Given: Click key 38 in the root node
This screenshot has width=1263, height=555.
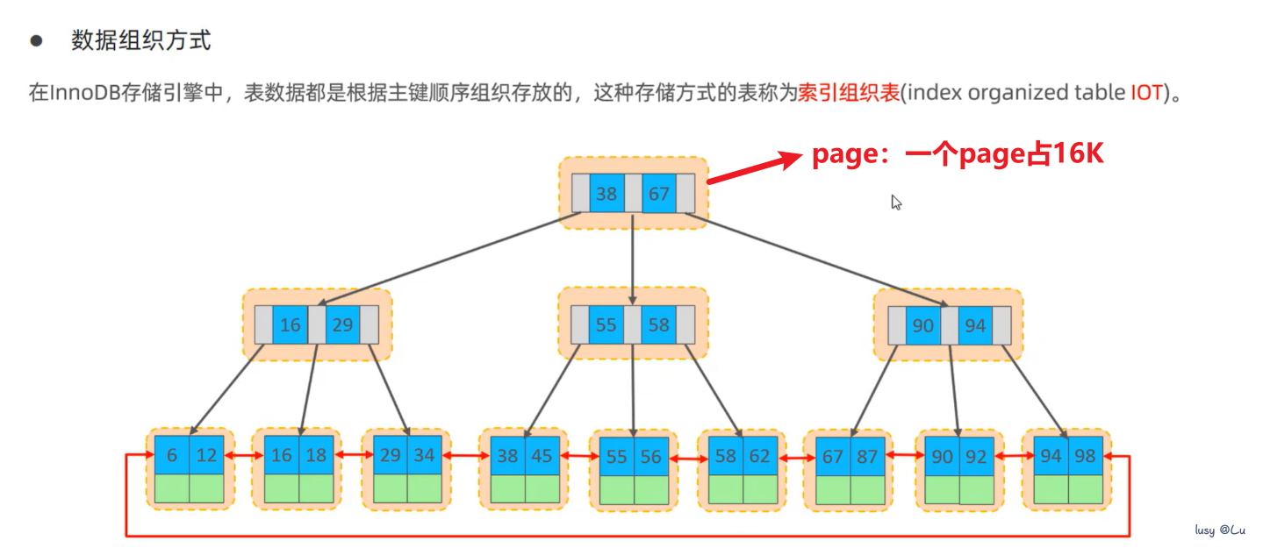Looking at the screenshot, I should click(606, 194).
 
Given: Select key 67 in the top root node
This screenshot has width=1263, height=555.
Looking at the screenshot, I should click(659, 194).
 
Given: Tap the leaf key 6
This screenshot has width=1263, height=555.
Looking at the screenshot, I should click(172, 456).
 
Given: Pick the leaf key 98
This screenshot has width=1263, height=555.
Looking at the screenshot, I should click(1085, 456).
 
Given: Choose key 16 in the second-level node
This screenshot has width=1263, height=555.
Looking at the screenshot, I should click(290, 325).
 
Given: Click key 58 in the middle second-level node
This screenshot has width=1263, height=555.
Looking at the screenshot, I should click(658, 325).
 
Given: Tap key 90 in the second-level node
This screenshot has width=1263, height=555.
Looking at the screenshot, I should click(922, 325).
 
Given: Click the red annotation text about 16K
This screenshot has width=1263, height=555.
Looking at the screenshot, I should click(957, 155).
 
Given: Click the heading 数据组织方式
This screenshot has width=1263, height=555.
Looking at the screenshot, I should click(140, 41).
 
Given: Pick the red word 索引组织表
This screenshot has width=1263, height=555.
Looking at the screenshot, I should click(849, 93).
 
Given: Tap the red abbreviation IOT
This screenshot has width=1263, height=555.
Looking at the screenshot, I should click(1146, 93).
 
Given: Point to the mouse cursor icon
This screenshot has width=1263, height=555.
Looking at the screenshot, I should click(896, 203).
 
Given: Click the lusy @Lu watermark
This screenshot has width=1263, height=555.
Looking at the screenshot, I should click(1221, 530).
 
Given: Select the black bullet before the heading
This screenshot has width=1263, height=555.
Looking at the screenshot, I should click(37, 41).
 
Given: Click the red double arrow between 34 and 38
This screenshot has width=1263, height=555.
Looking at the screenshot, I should click(463, 457).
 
